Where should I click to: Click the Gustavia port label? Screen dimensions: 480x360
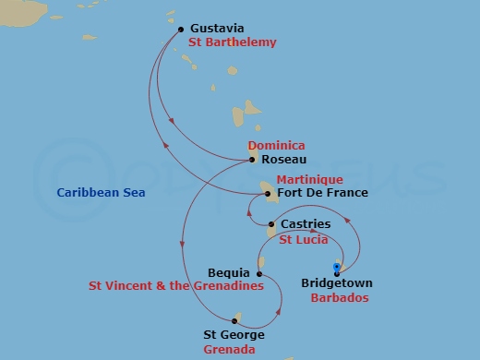[218, 29]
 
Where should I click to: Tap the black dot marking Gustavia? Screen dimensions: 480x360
[180, 29]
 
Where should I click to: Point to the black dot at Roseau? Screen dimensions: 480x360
[252, 160]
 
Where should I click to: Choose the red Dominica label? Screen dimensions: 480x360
[276, 146]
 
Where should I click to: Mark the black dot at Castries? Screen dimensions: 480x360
[270, 224]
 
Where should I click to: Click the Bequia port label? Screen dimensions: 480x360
[229, 273]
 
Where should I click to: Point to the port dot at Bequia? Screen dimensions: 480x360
[259, 273]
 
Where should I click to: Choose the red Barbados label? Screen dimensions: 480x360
[339, 299]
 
